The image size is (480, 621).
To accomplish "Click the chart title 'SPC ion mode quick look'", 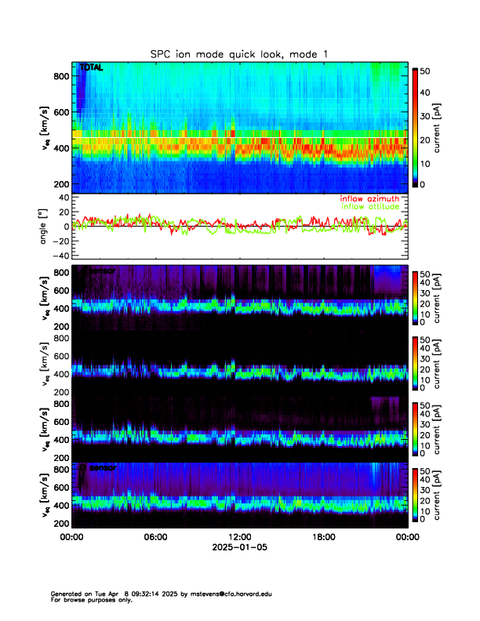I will [227, 53].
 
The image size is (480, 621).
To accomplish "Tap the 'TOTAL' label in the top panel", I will [91, 68].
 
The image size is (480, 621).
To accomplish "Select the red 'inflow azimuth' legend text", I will [369, 198].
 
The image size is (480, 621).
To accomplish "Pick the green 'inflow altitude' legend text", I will [369, 207].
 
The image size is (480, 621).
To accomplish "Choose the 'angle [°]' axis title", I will [45, 226].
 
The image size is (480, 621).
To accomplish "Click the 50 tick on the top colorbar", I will [424, 70].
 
